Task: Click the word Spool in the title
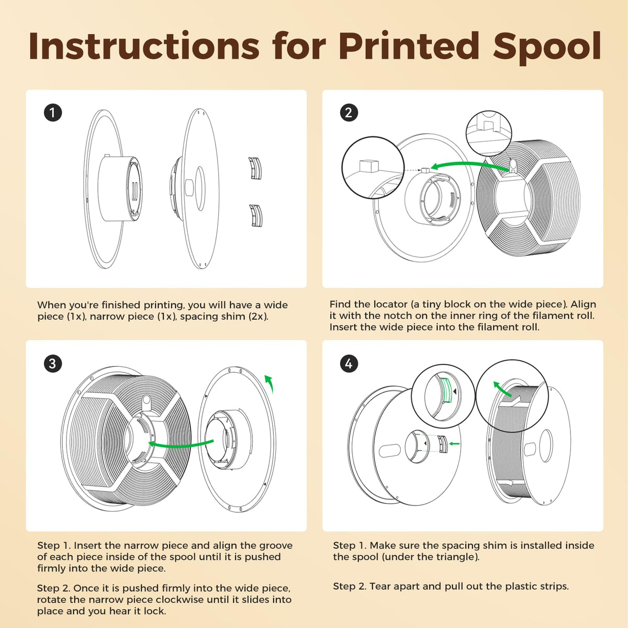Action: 547,48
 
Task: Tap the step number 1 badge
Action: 53,113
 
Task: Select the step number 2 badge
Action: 349,113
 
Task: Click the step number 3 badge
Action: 53,363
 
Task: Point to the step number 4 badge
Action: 349,363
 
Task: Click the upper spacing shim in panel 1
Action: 255,168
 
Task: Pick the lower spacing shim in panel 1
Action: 255,216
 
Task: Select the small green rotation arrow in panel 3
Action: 269,383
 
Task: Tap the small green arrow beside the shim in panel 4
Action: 454,444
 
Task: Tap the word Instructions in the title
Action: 144,46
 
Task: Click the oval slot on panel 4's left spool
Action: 390,451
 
